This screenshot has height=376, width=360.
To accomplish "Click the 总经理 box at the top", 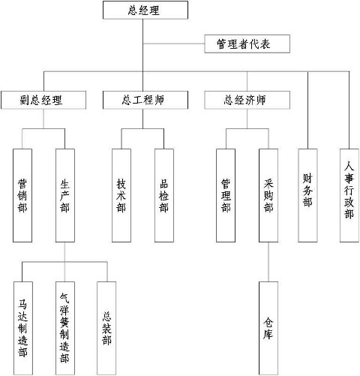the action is [x=145, y=10].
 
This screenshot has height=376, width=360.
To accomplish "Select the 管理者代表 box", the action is [x=247, y=44].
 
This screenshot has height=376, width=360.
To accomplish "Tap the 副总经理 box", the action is [x=43, y=100].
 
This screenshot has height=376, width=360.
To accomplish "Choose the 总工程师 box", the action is [x=145, y=100].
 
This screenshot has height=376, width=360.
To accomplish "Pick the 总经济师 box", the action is [x=247, y=100].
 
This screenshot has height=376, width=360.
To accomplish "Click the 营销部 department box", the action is [x=22, y=195].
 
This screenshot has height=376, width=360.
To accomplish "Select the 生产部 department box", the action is [x=65, y=195].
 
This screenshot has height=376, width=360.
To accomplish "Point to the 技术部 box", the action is [x=121, y=195].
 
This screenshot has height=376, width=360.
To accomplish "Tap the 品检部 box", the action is [x=164, y=195].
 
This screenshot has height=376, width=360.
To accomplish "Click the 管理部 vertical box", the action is [x=226, y=195].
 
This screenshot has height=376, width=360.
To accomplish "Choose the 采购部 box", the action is [x=268, y=195].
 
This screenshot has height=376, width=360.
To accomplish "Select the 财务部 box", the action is [x=307, y=195].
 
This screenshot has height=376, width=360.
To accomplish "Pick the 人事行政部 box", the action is [x=349, y=195].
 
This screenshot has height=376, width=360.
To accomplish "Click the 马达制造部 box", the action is [x=23, y=328].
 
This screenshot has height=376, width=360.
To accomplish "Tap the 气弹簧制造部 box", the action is [x=65, y=328].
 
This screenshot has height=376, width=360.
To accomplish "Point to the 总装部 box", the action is [x=106, y=328].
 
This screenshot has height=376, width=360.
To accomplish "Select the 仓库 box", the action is [x=268, y=328].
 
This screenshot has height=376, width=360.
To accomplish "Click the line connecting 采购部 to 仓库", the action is [x=268, y=262].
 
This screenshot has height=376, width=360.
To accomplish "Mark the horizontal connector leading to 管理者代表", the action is [x=174, y=44].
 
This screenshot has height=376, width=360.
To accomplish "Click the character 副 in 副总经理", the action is [x=25, y=100].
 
